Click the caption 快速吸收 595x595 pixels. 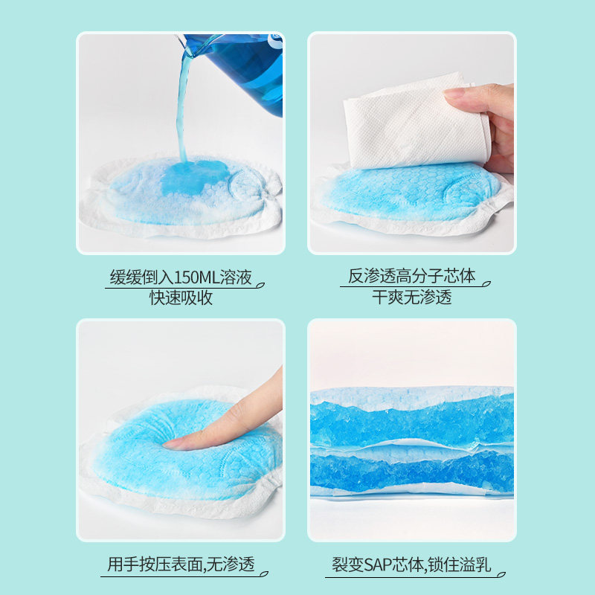pos(181,297)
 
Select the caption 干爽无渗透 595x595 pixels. pos(412,297)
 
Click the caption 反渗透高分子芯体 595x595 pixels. pos(412,277)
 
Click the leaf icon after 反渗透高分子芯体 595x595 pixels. pos(486,281)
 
